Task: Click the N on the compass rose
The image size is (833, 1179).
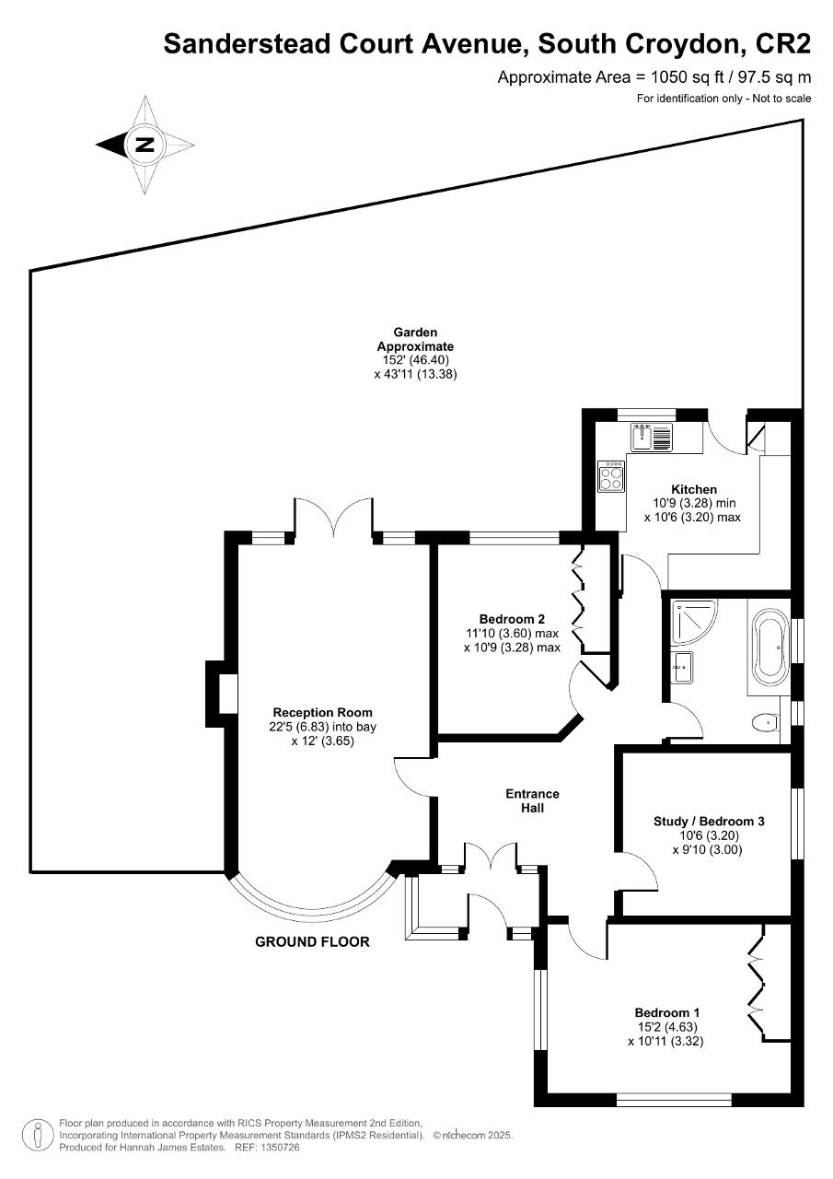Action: [x=145, y=145]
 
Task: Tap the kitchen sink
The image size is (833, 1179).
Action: [x=652, y=438]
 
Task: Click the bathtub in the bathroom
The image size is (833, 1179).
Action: [x=771, y=648]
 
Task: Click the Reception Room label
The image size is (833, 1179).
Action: [x=322, y=713]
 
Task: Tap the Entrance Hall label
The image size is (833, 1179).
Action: [x=532, y=800]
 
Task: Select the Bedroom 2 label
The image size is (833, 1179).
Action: [x=512, y=619]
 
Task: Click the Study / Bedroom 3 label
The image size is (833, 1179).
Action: [x=709, y=821]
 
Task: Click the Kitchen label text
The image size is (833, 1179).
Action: [x=694, y=489]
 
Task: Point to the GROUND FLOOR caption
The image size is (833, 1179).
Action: [x=312, y=941]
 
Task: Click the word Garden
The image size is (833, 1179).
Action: [x=415, y=333]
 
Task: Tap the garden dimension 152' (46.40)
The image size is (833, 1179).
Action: [x=415, y=360]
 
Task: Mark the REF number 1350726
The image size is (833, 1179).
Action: [x=279, y=1148]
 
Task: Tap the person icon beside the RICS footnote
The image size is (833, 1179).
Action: [x=39, y=1136]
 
